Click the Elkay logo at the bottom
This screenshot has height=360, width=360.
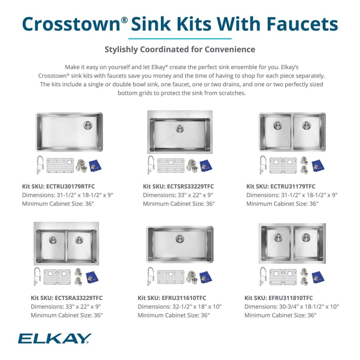point(54,338)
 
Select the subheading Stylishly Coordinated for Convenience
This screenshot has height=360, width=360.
point(180,50)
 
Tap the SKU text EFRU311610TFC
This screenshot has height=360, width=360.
point(185,298)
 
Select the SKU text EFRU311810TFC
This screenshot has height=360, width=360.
point(292,298)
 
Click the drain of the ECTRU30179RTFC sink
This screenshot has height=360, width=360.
point(88,125)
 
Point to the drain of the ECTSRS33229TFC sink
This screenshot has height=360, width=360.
point(180,129)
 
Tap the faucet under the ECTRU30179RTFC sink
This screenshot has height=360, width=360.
point(40,165)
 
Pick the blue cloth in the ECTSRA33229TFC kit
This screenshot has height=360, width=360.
point(94,276)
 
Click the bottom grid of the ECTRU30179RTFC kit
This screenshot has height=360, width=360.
point(60,165)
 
